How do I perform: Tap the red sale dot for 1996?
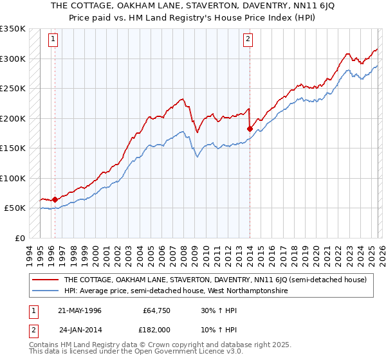click(55, 199)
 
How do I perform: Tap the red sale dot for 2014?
click(250, 129)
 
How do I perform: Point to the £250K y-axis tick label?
click(13, 89)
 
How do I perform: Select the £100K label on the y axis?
click(13, 178)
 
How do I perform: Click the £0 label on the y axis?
click(19, 238)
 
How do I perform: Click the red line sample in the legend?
click(46, 280)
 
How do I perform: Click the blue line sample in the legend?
click(46, 291)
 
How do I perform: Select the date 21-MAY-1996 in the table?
click(80, 310)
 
